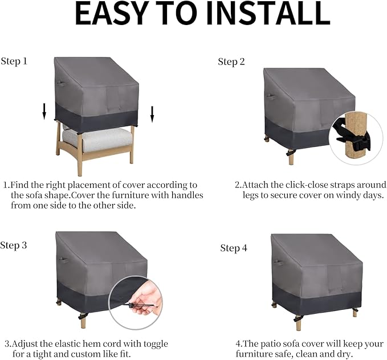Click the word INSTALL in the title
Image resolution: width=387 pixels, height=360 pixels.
(268, 13)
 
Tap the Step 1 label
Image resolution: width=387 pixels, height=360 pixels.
(14, 61)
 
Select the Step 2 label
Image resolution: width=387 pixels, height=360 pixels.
(231, 62)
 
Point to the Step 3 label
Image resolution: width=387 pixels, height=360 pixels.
(14, 246)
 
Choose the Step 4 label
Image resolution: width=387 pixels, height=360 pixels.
(234, 248)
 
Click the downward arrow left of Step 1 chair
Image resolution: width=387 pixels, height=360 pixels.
(44, 112)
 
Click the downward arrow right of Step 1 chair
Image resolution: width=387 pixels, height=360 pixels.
(152, 114)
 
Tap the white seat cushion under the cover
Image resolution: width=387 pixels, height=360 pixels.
(97, 140)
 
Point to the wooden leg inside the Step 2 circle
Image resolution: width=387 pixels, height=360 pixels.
(353, 136)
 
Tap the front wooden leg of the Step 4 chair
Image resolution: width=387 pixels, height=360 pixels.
(299, 322)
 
